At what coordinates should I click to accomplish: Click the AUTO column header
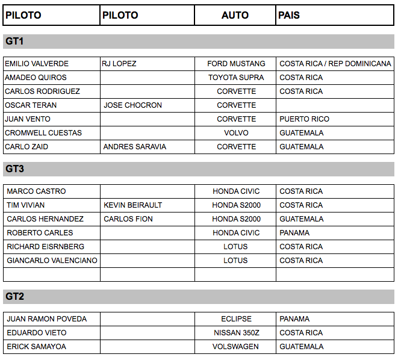point(235,15)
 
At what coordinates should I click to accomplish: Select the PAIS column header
point(289,15)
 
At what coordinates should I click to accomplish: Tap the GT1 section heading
point(14,42)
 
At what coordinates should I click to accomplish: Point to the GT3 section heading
point(14,169)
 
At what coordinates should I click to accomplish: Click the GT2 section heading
point(14,297)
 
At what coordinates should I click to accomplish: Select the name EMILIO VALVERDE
point(37,64)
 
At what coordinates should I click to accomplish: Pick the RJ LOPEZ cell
point(119,64)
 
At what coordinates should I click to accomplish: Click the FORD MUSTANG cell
point(236,64)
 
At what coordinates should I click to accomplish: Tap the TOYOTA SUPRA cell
point(236,78)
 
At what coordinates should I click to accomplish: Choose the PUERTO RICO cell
point(304,119)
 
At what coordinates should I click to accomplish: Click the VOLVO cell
point(236,133)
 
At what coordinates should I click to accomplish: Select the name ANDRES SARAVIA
point(135,147)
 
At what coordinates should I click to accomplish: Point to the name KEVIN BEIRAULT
point(132,205)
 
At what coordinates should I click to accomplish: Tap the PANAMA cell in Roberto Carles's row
point(294,233)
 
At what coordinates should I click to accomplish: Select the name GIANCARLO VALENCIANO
point(52,261)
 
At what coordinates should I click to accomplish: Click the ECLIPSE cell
point(236,319)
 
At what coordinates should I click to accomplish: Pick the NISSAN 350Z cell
point(236,333)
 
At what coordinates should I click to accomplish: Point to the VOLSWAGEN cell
point(235,347)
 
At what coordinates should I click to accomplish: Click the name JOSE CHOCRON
point(132,105)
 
